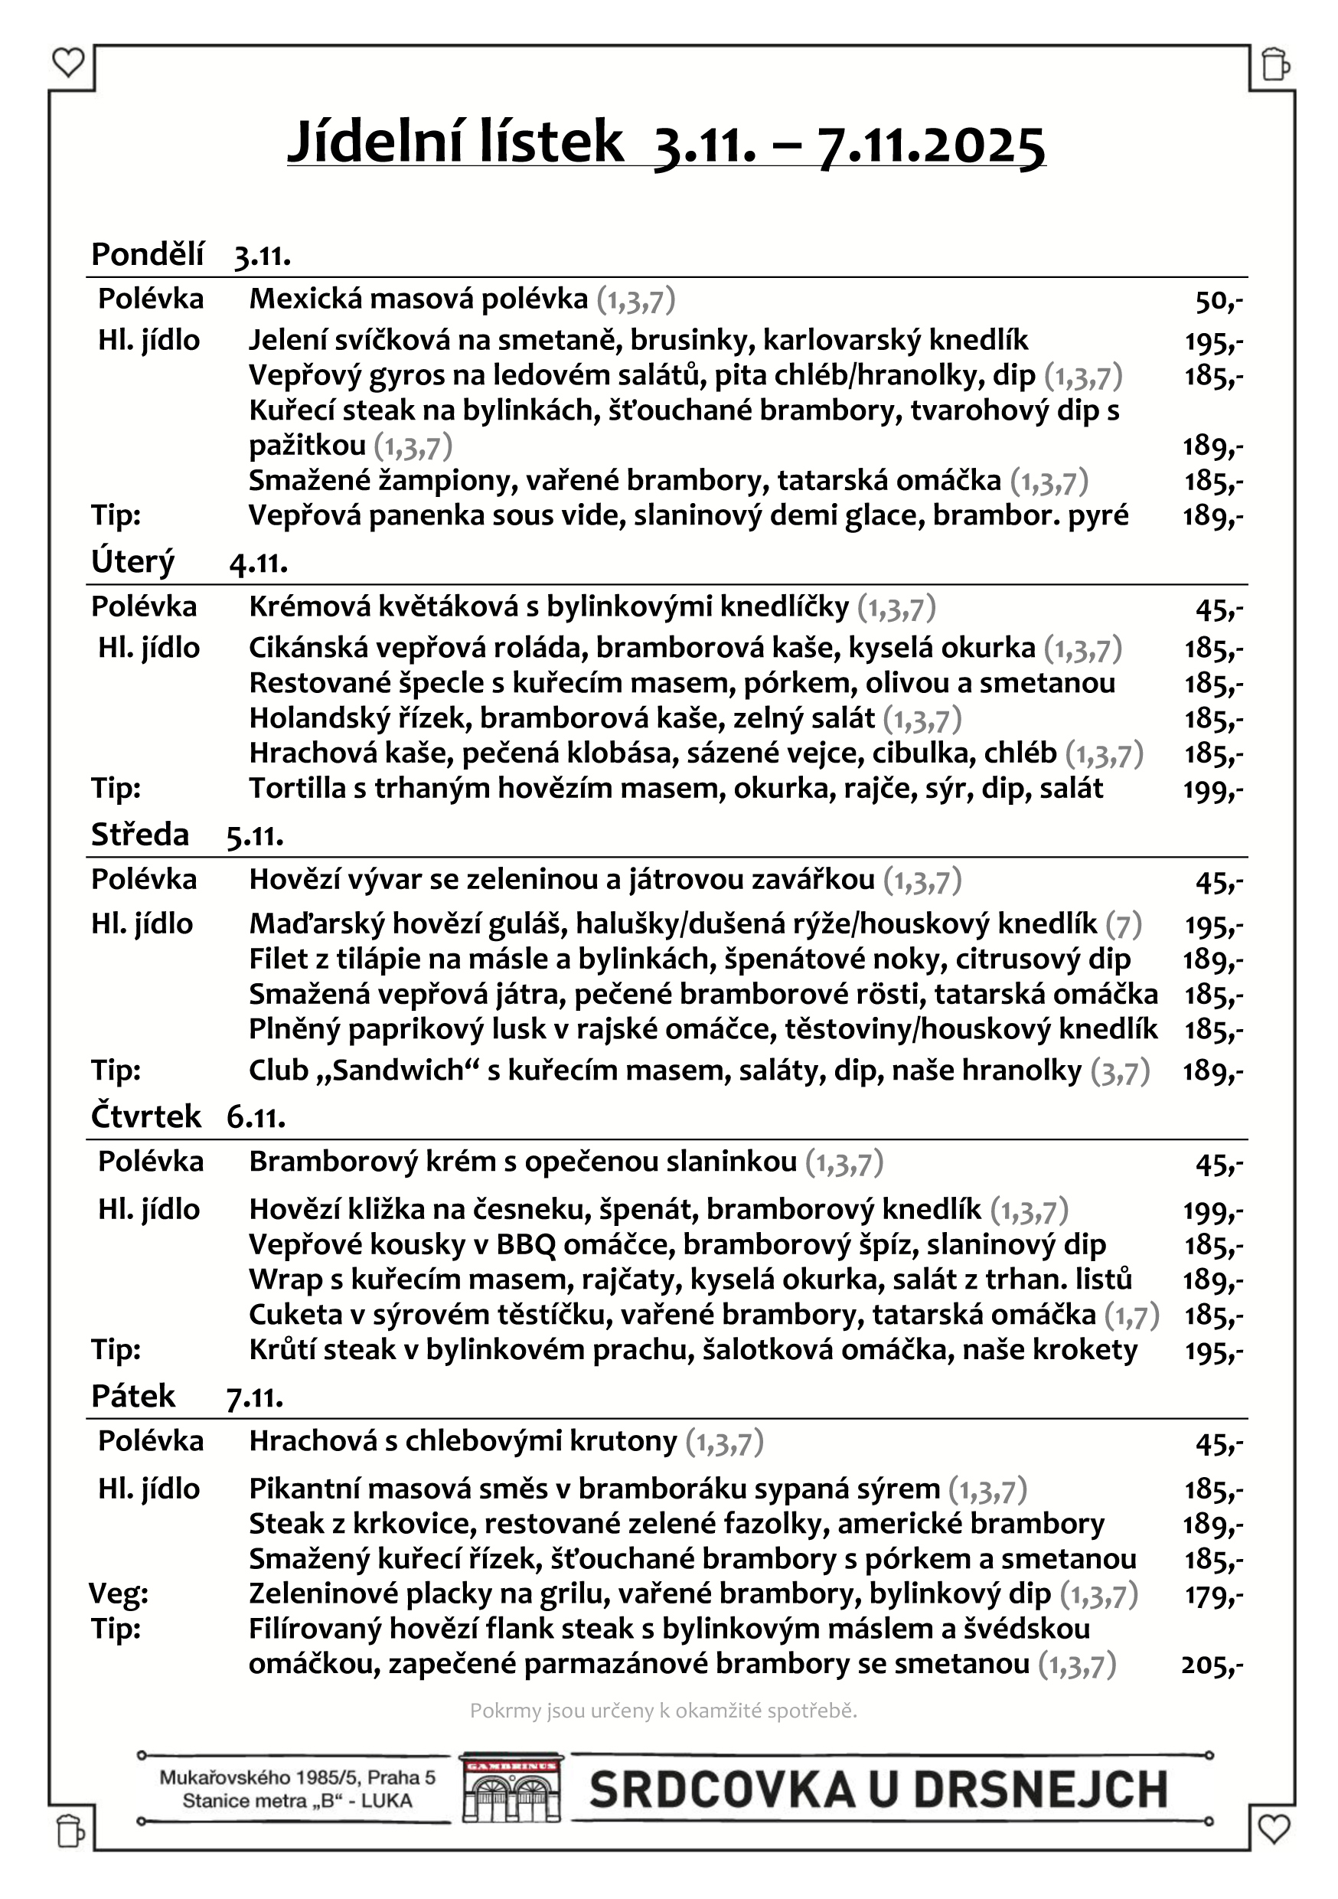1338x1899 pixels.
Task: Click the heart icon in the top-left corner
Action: point(68,62)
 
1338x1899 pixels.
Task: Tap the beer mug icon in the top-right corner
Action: point(1274,64)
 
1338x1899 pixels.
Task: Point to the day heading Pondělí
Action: point(147,254)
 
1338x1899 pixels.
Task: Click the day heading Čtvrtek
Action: point(145,1116)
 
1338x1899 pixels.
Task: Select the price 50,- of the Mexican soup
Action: point(1218,301)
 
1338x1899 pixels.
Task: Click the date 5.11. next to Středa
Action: point(255,836)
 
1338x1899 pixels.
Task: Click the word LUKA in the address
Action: point(387,1802)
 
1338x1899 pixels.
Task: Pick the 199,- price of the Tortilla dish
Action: point(1213,790)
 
